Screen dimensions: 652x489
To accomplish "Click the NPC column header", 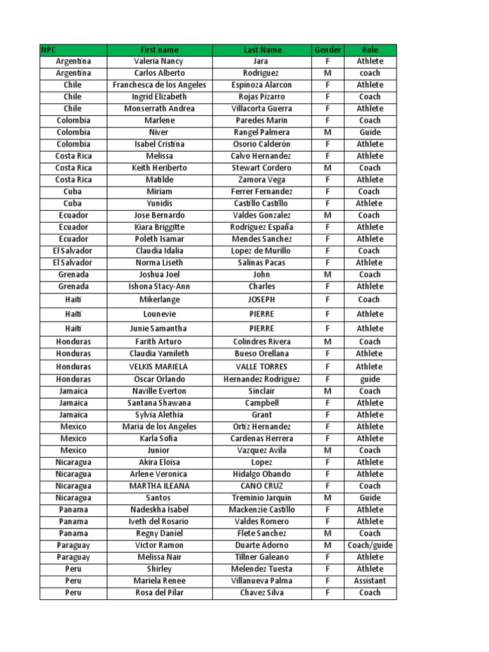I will coord(73,50).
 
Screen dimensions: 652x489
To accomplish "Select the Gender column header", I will coord(327,50).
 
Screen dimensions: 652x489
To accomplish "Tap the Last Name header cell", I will coord(262,50).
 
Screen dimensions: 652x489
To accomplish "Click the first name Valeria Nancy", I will coord(159,62).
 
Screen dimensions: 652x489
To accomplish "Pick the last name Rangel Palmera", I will coord(262,132).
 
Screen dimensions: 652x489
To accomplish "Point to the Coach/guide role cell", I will coord(370,545).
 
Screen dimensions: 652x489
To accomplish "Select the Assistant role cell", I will coord(370,581).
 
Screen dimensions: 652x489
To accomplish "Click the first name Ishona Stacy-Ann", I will coord(159,287).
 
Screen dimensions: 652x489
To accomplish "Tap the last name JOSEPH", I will coord(262,299).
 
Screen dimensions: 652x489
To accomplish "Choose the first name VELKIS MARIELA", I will coord(159,367).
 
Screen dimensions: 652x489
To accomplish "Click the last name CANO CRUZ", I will coord(262,486).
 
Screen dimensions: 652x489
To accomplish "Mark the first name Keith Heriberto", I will coord(159,168).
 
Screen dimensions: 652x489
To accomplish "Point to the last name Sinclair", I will coord(262,391).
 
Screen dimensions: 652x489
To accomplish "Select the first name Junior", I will coord(159,450).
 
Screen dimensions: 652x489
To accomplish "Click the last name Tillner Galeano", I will coord(262,557).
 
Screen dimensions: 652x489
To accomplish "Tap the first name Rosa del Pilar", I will coord(159,593).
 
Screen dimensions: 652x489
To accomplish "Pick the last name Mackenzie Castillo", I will coord(262,509).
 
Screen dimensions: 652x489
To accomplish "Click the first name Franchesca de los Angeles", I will coord(159,85).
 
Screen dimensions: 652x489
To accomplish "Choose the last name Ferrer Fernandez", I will coord(262,192).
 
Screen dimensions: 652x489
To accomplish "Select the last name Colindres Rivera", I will coord(262,342).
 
